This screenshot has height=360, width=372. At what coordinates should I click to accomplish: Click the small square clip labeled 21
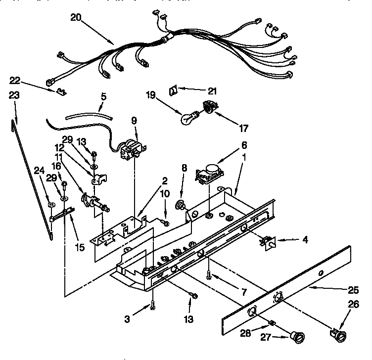174,90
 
